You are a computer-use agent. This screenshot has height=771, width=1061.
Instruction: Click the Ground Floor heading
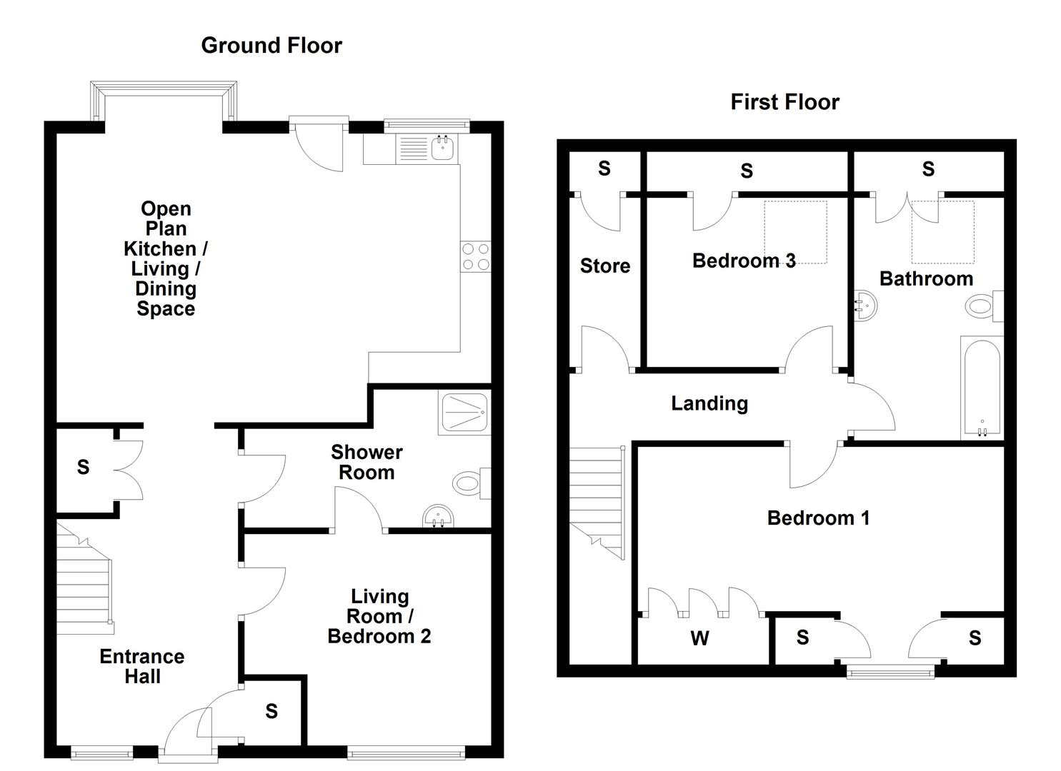[x=272, y=46]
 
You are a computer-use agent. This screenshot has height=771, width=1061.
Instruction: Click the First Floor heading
[x=784, y=102]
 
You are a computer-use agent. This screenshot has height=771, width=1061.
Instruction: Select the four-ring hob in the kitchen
[x=476, y=257]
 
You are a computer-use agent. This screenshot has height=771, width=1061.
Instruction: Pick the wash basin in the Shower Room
[x=437, y=515]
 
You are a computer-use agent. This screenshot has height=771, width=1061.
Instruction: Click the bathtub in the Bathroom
[x=982, y=389]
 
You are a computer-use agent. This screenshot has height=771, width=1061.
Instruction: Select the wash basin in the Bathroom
[x=865, y=306]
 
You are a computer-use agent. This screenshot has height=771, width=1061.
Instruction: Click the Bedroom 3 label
[x=743, y=261]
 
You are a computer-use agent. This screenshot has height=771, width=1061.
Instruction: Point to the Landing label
[x=709, y=403]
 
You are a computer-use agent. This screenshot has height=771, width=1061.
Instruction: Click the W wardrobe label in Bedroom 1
[x=699, y=638]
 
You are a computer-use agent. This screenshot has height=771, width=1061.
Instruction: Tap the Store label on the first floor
[x=604, y=266]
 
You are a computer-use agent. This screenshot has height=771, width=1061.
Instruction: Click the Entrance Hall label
[x=141, y=666]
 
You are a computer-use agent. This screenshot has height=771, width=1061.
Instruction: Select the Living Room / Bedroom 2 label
[x=379, y=616]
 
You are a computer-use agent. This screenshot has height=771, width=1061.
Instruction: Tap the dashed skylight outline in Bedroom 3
[x=795, y=232]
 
